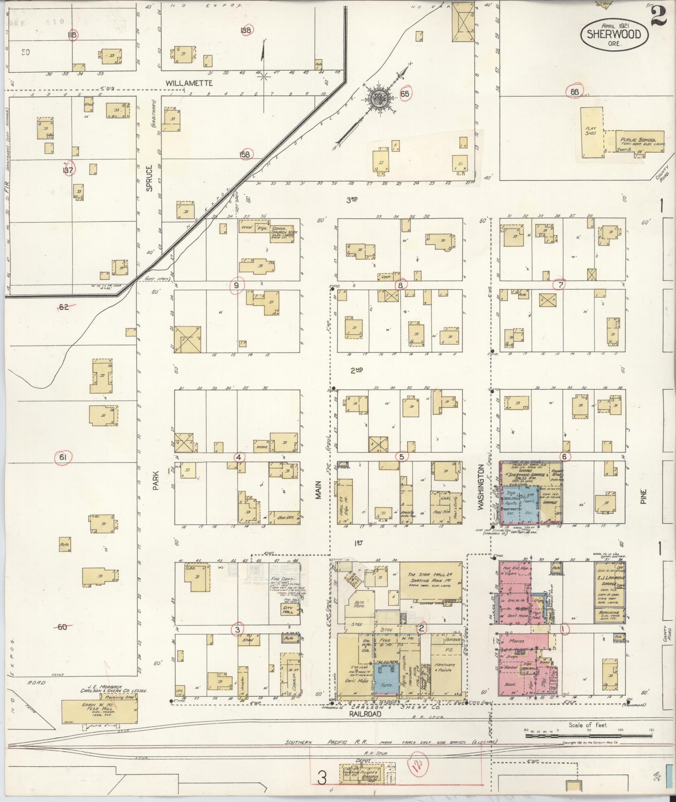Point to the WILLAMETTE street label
189,83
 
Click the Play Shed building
591,132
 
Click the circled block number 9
237,286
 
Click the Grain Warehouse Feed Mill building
99,711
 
